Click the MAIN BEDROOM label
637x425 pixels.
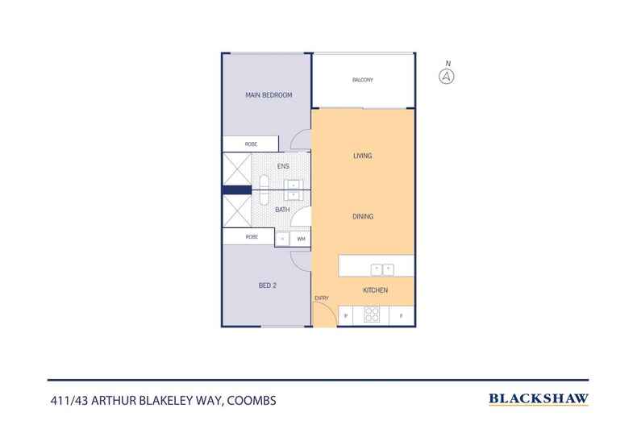268,95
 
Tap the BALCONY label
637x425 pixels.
363,80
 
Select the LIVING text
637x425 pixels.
362,156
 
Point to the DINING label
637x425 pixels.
362,216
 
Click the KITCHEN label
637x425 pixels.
375,290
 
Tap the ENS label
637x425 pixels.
283,167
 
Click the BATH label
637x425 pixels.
282,210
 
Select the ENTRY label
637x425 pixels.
321,298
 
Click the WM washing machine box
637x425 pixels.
301,239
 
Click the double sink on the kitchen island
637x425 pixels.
381,269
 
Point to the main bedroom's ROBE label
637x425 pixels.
251,144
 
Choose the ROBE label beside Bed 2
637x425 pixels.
251,238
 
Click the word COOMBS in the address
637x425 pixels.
255,399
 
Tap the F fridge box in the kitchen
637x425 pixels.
401,316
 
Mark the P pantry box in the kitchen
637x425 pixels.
346,316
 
